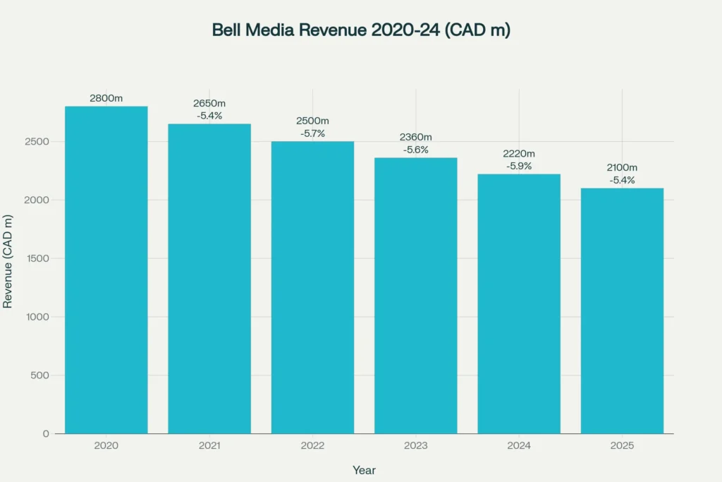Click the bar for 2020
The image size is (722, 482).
pos(106,270)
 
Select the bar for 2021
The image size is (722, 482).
pos(209,278)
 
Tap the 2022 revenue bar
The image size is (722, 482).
pos(312,287)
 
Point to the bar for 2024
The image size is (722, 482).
pos(519,303)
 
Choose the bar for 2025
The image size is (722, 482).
pos(622,311)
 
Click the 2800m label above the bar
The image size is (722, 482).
pos(106,98)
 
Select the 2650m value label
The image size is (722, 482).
pos(209,104)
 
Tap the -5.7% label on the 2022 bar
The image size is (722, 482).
pos(312,133)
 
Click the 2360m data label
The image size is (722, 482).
pos(415,137)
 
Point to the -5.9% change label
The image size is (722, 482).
pos(519,166)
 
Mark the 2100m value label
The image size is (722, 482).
pos(622,167)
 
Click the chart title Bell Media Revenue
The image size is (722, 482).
pos(361,30)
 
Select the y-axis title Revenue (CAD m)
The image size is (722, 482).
pos(8,261)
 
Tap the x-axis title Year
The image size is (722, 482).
pos(364,470)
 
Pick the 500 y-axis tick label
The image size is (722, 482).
pos(39,375)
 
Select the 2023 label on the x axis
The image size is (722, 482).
pos(415,446)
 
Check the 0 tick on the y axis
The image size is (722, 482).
pos(46,434)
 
